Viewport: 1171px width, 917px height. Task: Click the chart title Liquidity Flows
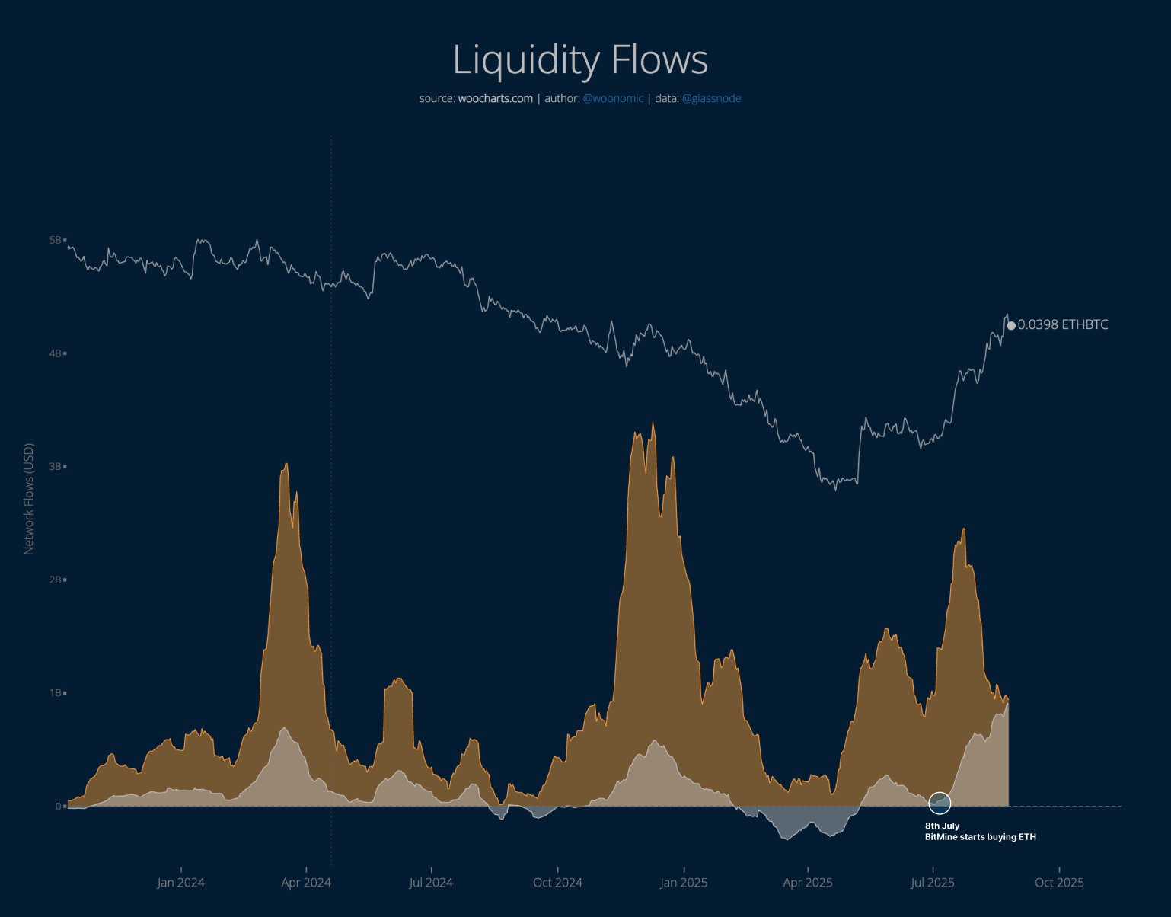tap(580, 59)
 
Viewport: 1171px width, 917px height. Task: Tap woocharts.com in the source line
tap(495, 98)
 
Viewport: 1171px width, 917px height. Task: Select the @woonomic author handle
tap(613, 98)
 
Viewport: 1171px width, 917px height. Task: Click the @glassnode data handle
tap(711, 98)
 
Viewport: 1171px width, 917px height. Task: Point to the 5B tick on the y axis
tap(56, 240)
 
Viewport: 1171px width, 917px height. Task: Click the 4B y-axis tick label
tap(56, 353)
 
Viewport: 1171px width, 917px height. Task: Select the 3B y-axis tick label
tap(56, 466)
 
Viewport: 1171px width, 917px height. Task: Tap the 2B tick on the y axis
tap(56, 580)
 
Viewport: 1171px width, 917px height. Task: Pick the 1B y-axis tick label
tap(56, 693)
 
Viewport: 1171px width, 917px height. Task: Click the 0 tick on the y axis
tap(58, 806)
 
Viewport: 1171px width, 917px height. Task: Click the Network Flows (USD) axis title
tap(29, 499)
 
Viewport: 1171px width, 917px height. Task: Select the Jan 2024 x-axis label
tap(180, 883)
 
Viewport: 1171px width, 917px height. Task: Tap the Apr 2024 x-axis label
tap(306, 883)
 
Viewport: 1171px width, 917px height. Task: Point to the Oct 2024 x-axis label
tap(557, 883)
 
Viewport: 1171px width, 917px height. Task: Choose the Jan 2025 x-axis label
tap(684, 883)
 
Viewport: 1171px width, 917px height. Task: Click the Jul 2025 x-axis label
tap(933, 883)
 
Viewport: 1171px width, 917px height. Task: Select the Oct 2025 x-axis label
tap(1059, 883)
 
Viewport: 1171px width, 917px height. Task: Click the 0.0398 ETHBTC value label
tap(1063, 325)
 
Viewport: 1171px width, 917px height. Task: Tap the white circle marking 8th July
tap(940, 803)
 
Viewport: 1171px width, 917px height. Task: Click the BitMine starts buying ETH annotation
tap(980, 837)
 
